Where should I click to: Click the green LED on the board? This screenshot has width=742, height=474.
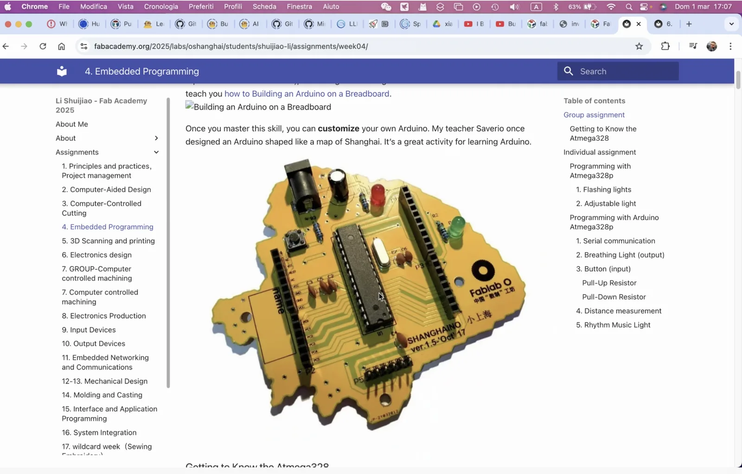pos(457,227)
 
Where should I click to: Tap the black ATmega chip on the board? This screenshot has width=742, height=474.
pos(364,278)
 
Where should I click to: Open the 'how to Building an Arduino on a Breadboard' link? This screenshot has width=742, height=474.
pos(307,94)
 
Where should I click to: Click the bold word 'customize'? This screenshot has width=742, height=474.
pos(338,128)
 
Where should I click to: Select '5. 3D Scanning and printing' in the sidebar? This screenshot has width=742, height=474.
pos(108,241)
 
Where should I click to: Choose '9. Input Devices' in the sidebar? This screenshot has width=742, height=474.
pos(89,330)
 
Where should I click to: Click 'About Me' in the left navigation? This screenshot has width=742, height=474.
pos(72,124)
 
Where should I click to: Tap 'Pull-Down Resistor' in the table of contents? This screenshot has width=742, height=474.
pos(614,297)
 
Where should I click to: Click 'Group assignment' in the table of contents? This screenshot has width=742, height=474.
pos(594,115)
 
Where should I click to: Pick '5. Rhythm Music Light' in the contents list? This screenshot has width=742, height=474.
pos(613,325)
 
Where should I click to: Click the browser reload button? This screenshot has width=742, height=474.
pos(43,46)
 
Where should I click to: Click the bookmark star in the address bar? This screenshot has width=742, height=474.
pos(639,46)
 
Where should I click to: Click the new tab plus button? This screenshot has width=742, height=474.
pos(689,24)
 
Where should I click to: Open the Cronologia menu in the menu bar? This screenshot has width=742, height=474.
pos(161,6)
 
